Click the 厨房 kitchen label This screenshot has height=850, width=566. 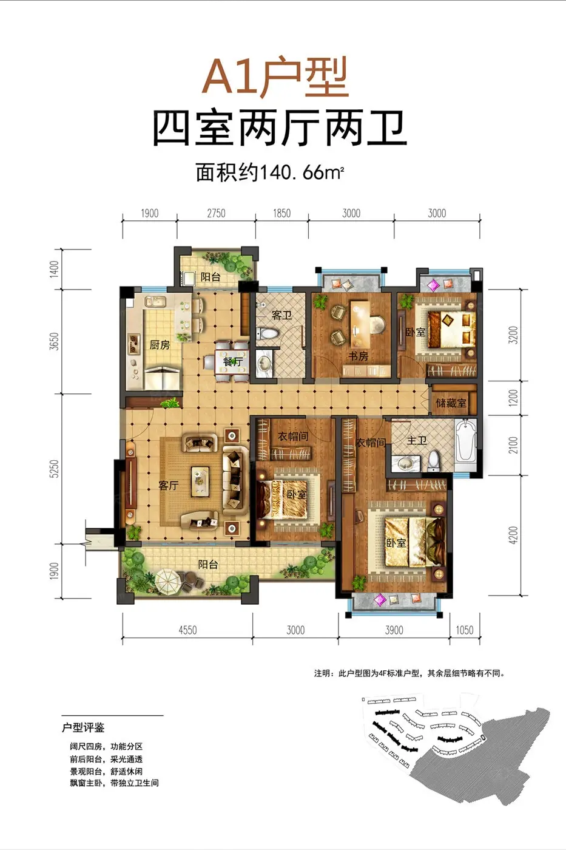pyautogui.click(x=160, y=345)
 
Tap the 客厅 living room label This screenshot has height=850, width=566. pyautogui.click(x=168, y=485)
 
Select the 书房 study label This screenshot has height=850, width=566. pyautogui.click(x=359, y=356)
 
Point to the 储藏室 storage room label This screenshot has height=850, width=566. pyautogui.click(x=451, y=403)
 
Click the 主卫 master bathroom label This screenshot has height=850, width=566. pyautogui.click(x=417, y=441)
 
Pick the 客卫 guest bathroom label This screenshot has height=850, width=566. pyautogui.click(x=281, y=315)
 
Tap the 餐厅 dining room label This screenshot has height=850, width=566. pyautogui.click(x=232, y=362)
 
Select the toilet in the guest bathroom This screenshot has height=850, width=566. pyautogui.click(x=268, y=334)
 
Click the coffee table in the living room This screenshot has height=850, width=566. pyautogui.click(x=200, y=481)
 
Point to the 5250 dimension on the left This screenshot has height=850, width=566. pyautogui.click(x=55, y=469)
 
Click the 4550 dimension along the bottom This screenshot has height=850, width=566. pyautogui.click(x=187, y=630)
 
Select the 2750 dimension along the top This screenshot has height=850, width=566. pyautogui.click(x=216, y=213)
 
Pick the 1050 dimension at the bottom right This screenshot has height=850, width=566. pyautogui.click(x=465, y=630)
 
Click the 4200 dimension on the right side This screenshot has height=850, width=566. pyautogui.click(x=513, y=535)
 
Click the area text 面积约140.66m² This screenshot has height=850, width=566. pyautogui.click(x=270, y=172)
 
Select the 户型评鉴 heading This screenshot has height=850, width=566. pyautogui.click(x=83, y=727)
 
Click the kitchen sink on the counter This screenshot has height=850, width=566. pyautogui.click(x=155, y=302)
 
